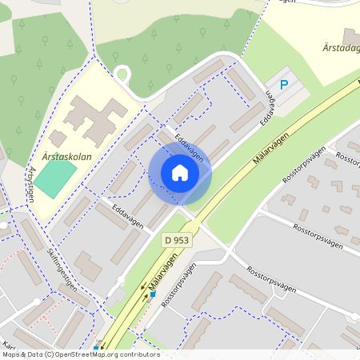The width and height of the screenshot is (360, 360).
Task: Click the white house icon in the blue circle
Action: (x=180, y=173)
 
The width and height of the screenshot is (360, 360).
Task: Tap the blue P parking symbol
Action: (x=282, y=85)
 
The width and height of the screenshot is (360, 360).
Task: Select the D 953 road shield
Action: (x=178, y=239)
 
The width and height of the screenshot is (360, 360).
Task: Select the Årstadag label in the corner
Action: (x=336, y=49)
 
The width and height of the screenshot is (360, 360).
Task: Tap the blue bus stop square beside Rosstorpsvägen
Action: (x=152, y=294)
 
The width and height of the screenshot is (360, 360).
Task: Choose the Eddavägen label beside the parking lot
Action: (x=273, y=107)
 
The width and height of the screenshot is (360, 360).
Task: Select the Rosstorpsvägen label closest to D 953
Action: (x=178, y=286)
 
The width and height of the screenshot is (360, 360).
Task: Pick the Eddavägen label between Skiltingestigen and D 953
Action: (x=128, y=215)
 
